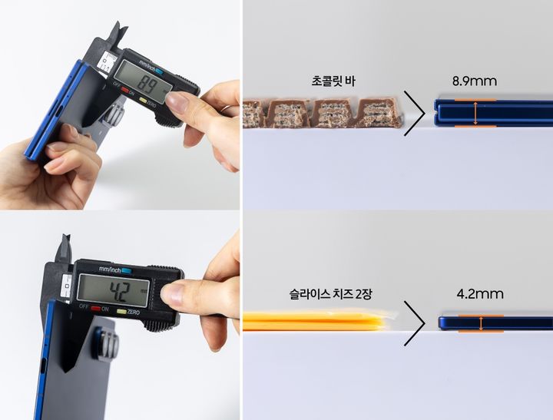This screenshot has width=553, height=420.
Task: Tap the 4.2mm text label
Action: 480,293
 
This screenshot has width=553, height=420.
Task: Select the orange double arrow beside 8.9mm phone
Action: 475,113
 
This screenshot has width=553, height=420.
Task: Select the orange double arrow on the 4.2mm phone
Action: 481,323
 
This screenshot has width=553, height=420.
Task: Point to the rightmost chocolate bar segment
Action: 377,112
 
